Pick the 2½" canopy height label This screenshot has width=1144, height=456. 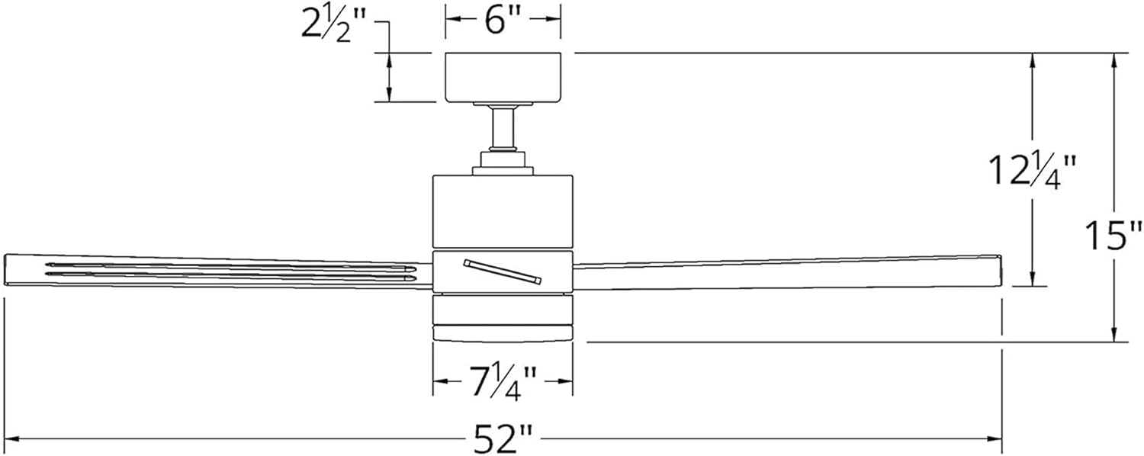coord(334,24)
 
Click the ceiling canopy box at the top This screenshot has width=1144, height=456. coord(503,77)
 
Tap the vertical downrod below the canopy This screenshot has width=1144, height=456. coord(503,127)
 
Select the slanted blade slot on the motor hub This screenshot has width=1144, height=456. coord(503,271)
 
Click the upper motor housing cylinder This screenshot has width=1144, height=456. coord(503,212)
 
